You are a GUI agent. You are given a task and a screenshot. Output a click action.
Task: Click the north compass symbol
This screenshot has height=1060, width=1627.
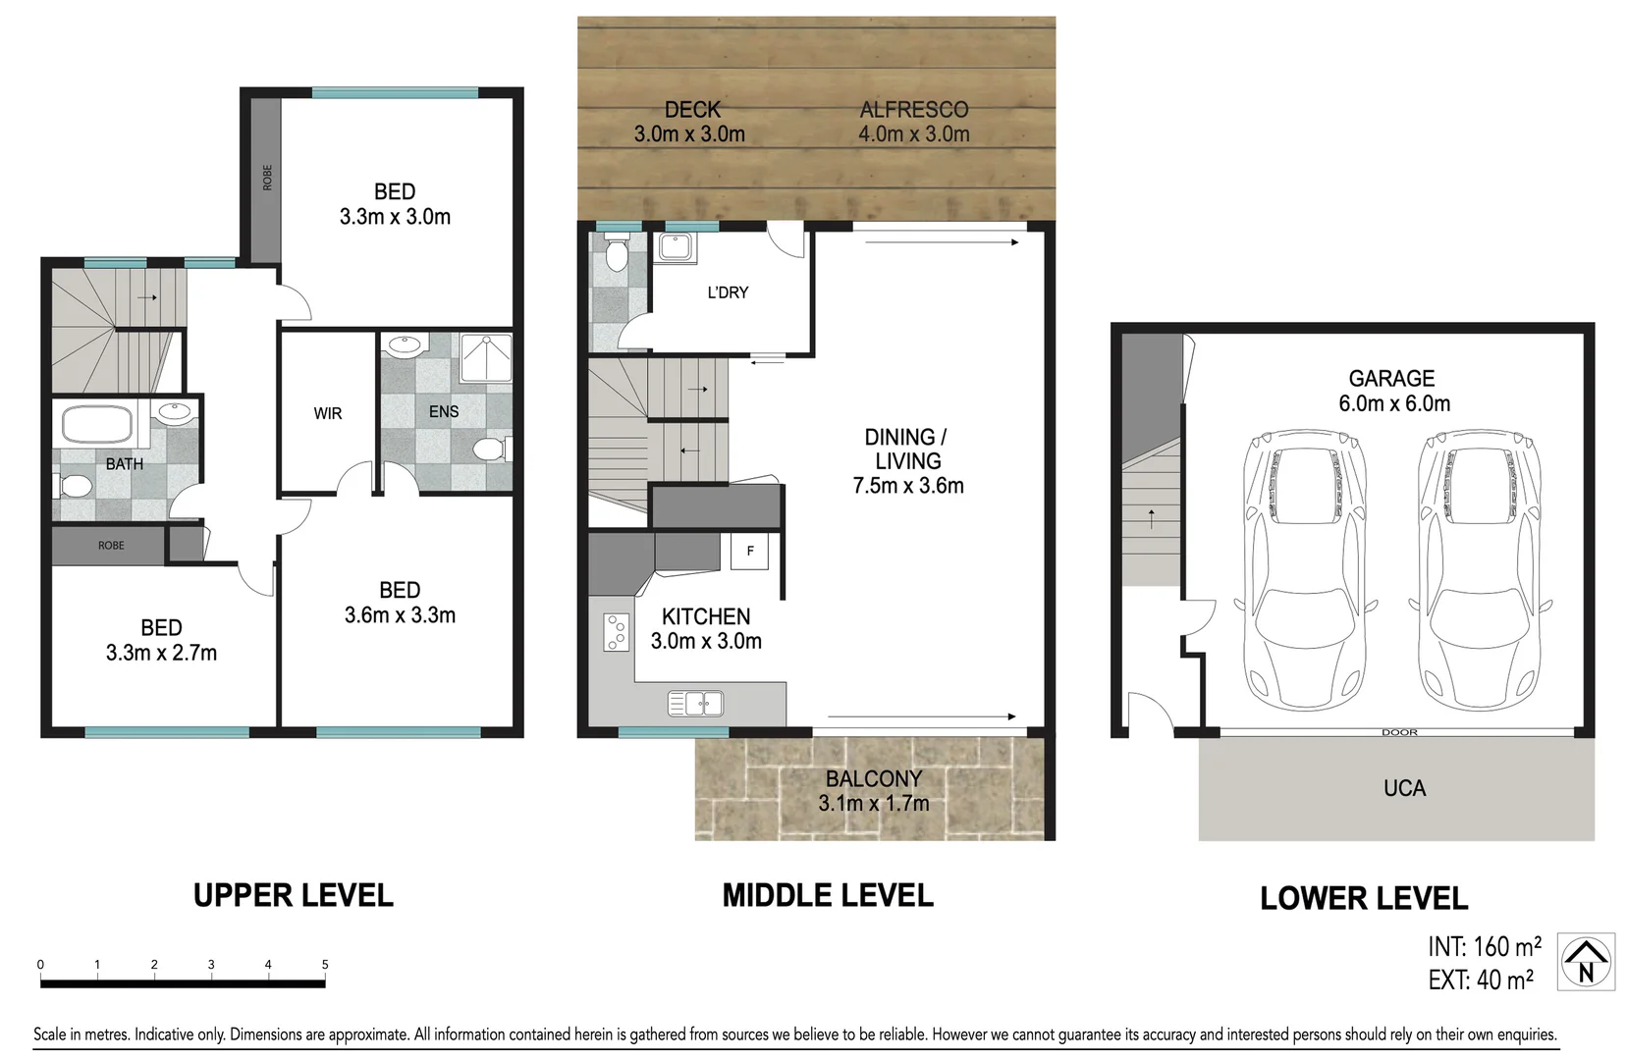(1586, 961)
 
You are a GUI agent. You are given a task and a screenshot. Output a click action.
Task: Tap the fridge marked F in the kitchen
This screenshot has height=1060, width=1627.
(750, 552)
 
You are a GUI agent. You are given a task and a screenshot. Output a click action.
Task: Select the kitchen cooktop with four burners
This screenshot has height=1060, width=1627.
(617, 632)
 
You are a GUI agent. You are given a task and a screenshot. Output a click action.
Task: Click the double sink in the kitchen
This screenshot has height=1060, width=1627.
(695, 703)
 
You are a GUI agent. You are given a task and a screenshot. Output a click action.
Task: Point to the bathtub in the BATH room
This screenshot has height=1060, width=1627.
(97, 425)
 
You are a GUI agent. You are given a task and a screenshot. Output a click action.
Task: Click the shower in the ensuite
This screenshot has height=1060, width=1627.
(487, 358)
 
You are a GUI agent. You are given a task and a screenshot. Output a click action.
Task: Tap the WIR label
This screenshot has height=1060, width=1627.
(328, 414)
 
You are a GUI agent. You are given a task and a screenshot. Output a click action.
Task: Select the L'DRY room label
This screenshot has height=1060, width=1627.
(728, 292)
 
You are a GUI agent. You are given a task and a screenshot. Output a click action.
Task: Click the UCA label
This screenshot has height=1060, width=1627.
(1404, 788)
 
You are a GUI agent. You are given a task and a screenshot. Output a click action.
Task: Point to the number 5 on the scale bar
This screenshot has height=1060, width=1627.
(325, 965)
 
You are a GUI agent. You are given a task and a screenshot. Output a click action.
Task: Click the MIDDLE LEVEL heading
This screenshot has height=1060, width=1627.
(828, 895)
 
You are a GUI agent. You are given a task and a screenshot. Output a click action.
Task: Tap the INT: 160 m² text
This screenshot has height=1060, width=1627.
(1484, 947)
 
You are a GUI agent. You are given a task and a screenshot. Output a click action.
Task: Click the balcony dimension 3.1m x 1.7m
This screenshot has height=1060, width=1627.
(873, 804)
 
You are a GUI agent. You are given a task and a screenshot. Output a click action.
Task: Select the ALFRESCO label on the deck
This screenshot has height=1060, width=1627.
(913, 110)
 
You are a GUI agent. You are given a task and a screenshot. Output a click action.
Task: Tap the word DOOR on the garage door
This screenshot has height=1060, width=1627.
(1399, 732)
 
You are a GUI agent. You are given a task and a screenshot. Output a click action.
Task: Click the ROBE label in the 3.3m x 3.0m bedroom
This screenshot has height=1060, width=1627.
(267, 178)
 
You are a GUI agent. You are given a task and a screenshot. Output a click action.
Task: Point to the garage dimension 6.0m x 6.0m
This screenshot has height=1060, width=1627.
(1393, 403)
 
